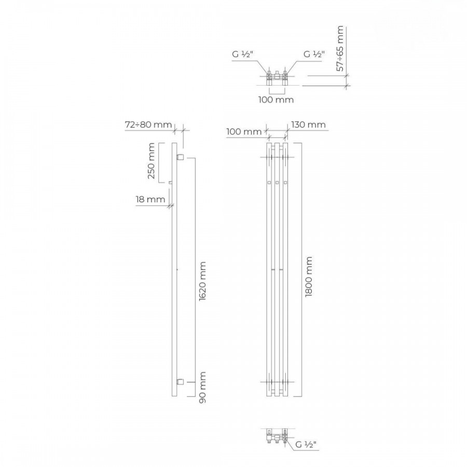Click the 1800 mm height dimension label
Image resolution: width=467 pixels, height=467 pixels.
(x=309, y=277)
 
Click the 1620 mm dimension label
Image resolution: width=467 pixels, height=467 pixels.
(x=202, y=281)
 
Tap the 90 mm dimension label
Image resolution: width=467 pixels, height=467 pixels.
(x=202, y=387)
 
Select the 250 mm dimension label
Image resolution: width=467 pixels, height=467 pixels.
(x=152, y=161)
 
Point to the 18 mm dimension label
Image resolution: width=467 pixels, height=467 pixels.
(x=150, y=199)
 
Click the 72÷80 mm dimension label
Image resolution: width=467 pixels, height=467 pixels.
(x=148, y=125)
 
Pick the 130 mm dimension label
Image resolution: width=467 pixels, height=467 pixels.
(x=308, y=125)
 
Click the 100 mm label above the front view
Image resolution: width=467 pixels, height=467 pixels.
(x=244, y=131)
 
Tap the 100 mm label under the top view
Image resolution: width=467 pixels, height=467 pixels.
(x=276, y=100)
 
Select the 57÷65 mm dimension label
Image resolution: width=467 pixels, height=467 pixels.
(x=340, y=49)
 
